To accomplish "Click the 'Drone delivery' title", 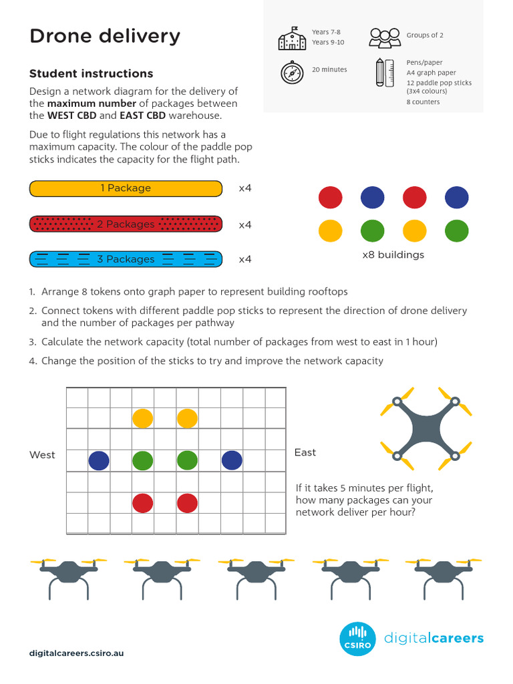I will [x=105, y=37].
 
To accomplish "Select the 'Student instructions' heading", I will [x=91, y=73].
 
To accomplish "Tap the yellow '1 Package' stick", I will [x=126, y=188].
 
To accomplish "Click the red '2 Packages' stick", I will [x=126, y=224].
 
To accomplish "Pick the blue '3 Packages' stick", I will [x=126, y=259].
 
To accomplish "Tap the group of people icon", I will [x=385, y=37].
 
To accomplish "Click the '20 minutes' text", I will [x=329, y=69].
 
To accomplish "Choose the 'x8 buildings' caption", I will [x=393, y=255].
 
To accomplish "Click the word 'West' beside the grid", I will [x=42, y=455].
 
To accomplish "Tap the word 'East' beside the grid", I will [x=305, y=453].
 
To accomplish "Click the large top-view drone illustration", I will [x=425, y=428].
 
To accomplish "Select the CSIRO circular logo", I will [x=358, y=639].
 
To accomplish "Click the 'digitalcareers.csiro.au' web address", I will [x=76, y=653].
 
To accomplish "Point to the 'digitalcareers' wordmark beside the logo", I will [x=434, y=639].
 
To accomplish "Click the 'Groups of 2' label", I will [x=425, y=35].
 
